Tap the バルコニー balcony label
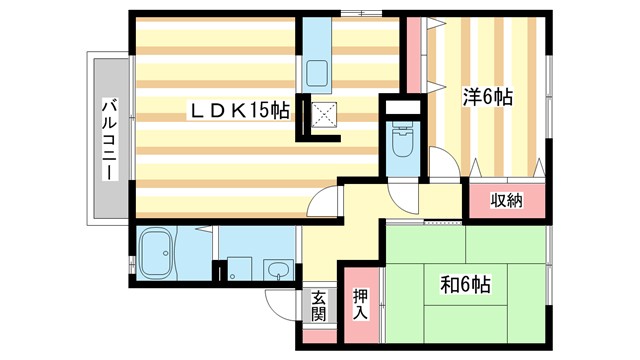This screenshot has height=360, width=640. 110,140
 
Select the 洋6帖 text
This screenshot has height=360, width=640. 487,98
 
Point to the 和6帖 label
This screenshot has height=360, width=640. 465,285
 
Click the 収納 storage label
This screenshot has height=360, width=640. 506,201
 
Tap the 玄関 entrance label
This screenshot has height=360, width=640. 318,304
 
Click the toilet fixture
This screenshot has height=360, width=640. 404,141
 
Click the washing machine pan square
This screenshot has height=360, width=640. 238,268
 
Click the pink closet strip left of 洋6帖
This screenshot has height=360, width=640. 413,56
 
